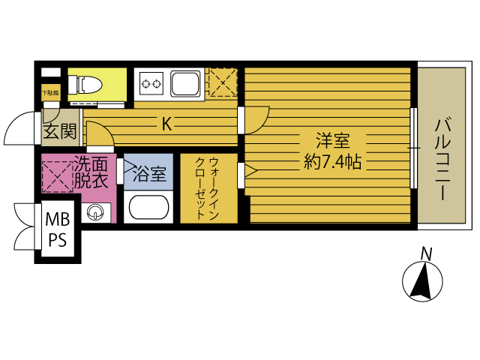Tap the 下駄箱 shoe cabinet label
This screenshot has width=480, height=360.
49,93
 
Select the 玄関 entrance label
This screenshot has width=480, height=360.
58,132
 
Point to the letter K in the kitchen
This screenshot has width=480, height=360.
166,124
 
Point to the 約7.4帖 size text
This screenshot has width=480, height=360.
332,160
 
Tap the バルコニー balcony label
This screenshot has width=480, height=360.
441,160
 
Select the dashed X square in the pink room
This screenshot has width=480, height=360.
57,178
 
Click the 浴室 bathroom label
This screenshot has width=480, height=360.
149,174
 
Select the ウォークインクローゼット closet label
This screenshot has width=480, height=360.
207,188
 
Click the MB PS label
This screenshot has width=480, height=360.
57,230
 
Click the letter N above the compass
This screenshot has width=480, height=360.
425,253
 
